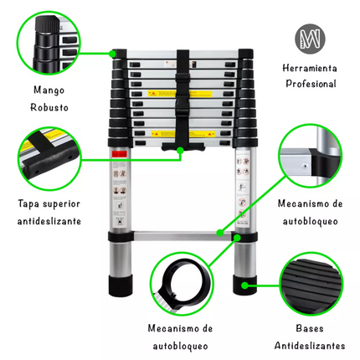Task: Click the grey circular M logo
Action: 310,39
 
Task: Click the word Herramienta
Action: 310,68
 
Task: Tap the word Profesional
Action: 311,84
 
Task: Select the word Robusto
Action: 49,107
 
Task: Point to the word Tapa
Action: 28,204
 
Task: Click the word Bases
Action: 310,328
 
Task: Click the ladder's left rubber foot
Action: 121,285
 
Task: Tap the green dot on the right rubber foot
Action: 244,285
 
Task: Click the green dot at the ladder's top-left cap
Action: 112,54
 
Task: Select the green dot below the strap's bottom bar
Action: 180,151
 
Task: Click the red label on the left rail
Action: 120,154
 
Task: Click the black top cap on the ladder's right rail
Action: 246,54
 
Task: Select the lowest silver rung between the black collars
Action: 183,236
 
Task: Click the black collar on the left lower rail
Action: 121,237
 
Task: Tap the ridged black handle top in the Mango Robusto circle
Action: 47,24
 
